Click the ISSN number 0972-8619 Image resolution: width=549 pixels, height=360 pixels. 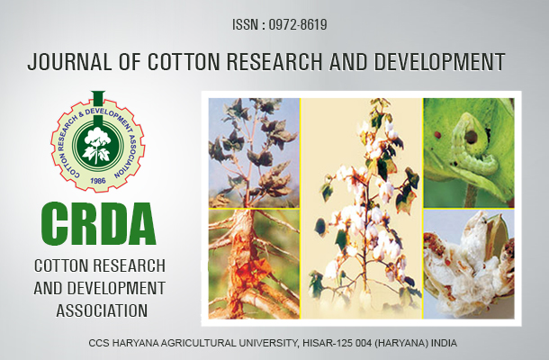pos(298,25)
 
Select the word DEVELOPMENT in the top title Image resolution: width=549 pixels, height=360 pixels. pos(439,62)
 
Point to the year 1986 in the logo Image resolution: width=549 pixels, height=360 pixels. pos(98,181)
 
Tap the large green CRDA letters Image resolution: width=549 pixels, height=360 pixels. pos(98,224)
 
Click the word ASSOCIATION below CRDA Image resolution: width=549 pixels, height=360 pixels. pos(102,311)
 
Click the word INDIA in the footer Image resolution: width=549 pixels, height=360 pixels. pos(444,343)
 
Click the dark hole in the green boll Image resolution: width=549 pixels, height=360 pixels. pos(471,137)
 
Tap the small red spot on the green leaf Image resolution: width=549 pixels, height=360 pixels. pos(436,135)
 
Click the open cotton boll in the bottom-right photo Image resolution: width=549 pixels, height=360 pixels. pos(469,264)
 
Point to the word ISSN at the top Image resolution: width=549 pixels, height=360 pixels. pos(244,25)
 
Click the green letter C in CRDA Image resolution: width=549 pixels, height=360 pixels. pos(55,224)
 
